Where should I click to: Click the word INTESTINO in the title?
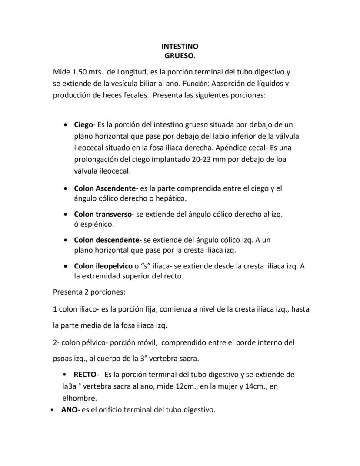click(x=180, y=46)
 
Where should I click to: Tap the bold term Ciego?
click(x=83, y=125)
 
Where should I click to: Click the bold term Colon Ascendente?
click(x=105, y=189)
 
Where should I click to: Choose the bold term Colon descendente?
click(x=107, y=240)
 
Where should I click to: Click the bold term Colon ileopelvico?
click(x=103, y=266)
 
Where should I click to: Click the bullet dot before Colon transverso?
click(x=65, y=215)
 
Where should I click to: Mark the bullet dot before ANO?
click(x=53, y=410)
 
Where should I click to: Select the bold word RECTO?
click(x=86, y=374)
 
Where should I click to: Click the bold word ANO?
click(x=70, y=409)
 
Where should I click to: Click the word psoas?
click(x=63, y=359)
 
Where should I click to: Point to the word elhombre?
click(x=80, y=398)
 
